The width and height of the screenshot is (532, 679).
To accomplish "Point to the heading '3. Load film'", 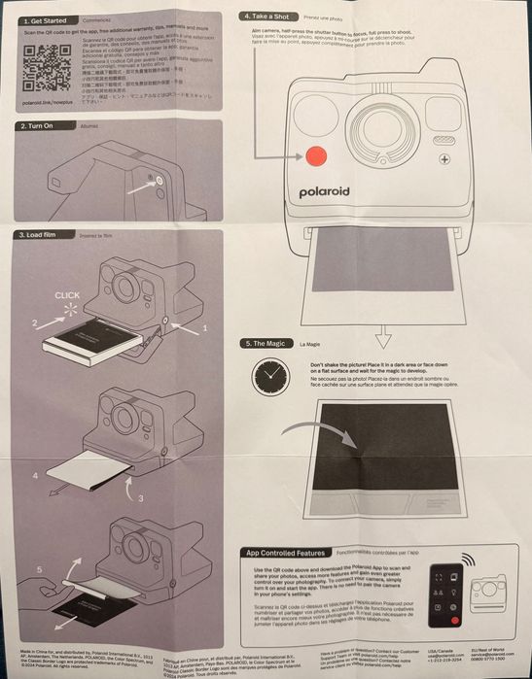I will click(42, 234).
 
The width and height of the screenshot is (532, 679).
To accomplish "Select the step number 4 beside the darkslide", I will click(36, 475).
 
